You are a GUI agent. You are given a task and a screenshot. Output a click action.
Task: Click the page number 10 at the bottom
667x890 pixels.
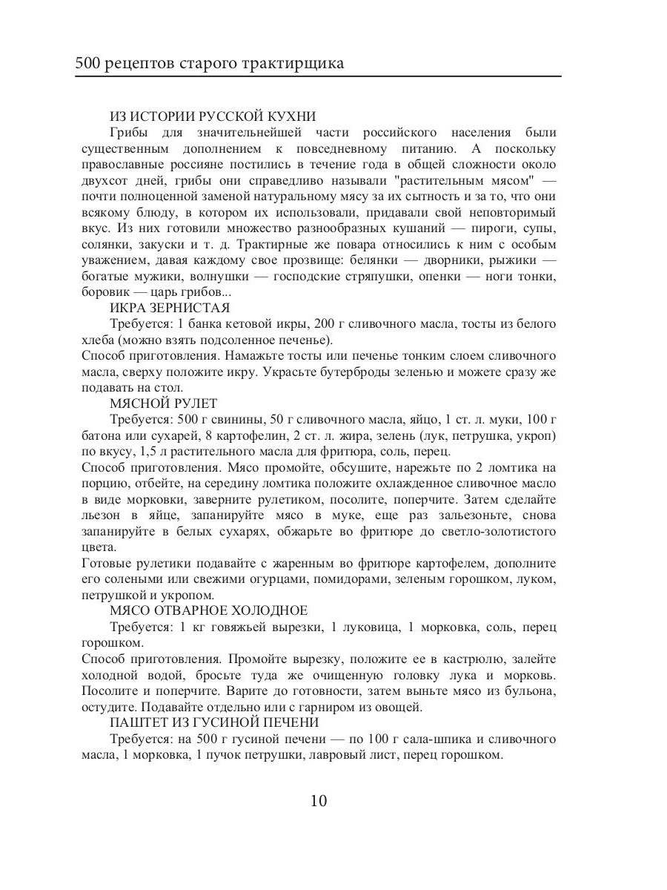319,801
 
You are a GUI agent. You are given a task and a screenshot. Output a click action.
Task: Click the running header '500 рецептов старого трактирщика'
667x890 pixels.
209,63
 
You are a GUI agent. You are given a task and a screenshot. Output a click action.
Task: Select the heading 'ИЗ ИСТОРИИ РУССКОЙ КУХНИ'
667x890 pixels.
213,116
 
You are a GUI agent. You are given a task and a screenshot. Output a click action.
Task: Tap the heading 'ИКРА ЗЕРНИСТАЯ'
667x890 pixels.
170,308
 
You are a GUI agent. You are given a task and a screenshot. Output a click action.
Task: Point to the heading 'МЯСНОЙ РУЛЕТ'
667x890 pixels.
163,403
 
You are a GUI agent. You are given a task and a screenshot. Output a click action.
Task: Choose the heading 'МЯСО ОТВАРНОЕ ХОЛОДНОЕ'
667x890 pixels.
208,610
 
